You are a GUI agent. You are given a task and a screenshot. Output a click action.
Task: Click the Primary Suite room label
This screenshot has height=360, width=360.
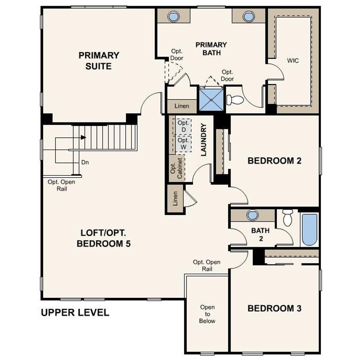99,60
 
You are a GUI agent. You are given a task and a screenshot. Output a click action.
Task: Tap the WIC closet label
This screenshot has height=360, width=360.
293,60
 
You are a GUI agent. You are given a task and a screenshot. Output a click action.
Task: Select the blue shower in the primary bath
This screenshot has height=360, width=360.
211,100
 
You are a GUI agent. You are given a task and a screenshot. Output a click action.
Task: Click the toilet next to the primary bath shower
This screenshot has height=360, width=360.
235,100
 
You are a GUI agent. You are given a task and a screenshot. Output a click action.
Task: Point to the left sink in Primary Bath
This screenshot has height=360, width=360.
174,16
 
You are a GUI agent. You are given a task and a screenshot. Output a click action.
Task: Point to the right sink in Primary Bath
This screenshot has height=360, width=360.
249,16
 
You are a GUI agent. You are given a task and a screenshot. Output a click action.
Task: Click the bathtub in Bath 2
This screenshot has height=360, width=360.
309,230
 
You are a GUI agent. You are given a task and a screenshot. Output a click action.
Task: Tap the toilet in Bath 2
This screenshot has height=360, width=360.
288,217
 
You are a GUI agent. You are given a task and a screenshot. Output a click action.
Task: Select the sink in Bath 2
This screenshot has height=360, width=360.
252,216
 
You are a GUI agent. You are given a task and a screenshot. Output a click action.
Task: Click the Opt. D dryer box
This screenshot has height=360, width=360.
183,126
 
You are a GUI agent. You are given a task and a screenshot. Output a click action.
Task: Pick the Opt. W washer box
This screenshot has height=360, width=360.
184,143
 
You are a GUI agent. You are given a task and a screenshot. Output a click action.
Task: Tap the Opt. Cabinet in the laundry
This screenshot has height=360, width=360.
177,168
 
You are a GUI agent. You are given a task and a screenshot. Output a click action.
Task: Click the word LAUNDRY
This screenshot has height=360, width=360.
204,140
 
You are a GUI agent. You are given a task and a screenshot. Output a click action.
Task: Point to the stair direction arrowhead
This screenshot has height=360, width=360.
83,137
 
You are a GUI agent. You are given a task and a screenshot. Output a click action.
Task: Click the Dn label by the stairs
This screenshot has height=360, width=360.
85,162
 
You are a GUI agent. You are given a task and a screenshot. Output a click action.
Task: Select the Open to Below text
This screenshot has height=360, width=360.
207,314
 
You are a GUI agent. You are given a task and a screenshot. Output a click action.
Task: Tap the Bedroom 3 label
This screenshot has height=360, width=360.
274,308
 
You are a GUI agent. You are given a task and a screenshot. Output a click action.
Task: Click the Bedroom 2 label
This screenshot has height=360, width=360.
274,161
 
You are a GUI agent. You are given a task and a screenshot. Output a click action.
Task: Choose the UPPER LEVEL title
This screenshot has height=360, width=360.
75,313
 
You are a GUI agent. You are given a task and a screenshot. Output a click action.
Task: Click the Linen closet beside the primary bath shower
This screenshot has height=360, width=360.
182,106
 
